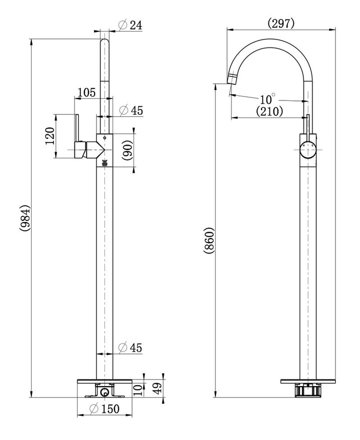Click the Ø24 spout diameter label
tap(130, 25)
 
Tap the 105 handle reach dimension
tap(86, 92)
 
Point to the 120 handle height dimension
tap(49, 136)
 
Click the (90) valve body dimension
tap(127, 150)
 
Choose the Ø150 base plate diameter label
tap(104, 409)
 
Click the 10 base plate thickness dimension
tap(138, 390)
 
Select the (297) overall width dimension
tap(281, 23)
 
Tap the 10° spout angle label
tap(267, 99)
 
